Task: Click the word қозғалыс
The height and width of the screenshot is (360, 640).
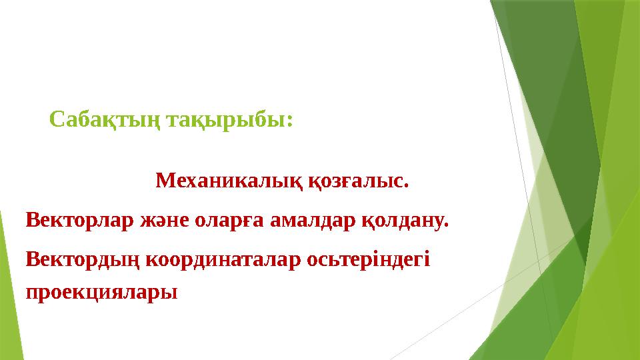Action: point(357,181)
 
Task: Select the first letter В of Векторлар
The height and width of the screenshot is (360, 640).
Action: point(31,219)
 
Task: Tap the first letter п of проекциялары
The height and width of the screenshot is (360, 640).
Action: point(31,293)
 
